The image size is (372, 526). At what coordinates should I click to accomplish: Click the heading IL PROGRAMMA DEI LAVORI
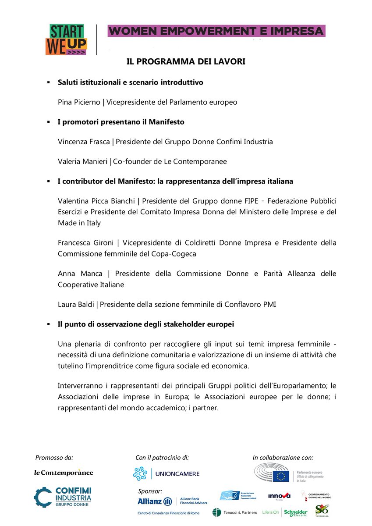point(186,62)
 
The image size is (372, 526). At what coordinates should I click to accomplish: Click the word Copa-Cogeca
point(171,254)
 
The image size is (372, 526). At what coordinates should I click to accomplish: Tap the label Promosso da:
point(54,457)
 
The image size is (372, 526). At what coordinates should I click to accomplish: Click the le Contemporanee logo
point(64,473)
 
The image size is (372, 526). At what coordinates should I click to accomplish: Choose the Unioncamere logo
point(166,473)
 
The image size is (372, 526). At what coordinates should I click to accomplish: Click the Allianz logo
point(155,501)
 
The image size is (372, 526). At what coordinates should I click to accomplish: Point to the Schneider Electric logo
point(296,512)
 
